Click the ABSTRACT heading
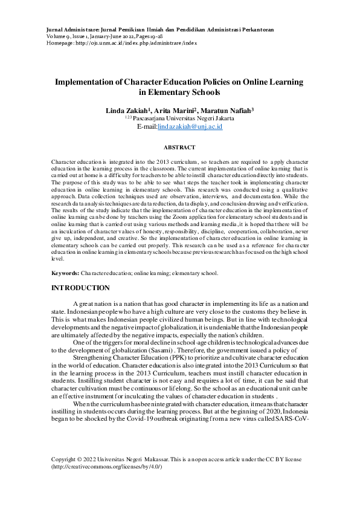tap(179, 148)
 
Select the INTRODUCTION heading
tap(80, 288)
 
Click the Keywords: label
tap(65, 274)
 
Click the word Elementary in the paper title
tap(172, 92)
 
